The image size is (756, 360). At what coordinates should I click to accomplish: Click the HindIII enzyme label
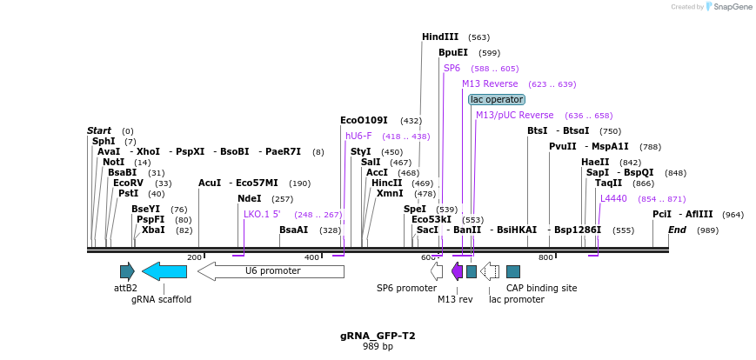click(x=440, y=37)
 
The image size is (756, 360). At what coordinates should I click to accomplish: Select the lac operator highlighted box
click(x=496, y=100)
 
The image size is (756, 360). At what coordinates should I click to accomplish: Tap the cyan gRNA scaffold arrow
click(x=164, y=271)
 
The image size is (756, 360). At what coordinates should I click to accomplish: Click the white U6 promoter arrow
click(x=271, y=271)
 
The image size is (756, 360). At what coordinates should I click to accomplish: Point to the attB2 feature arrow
click(x=127, y=271)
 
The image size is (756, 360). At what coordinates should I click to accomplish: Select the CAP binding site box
click(x=513, y=271)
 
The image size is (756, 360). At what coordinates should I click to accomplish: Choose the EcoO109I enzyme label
click(x=364, y=120)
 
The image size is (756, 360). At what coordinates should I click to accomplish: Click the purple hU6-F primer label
click(x=358, y=136)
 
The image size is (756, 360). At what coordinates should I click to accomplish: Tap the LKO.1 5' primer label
click(x=262, y=214)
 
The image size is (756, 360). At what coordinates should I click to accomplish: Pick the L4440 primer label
click(x=613, y=198)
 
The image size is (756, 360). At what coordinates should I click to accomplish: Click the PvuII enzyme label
click(x=563, y=146)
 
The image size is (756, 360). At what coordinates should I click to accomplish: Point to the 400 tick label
click(x=311, y=257)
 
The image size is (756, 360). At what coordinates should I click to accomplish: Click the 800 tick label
click(x=545, y=257)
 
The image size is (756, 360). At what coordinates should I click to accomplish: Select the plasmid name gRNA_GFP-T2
click(x=378, y=336)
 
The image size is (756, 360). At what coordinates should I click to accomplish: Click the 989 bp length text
click(x=378, y=347)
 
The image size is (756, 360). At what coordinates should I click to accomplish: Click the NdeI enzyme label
click(x=249, y=198)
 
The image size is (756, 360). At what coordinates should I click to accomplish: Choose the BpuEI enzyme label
click(x=452, y=52)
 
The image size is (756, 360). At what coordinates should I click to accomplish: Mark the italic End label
click(x=677, y=230)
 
